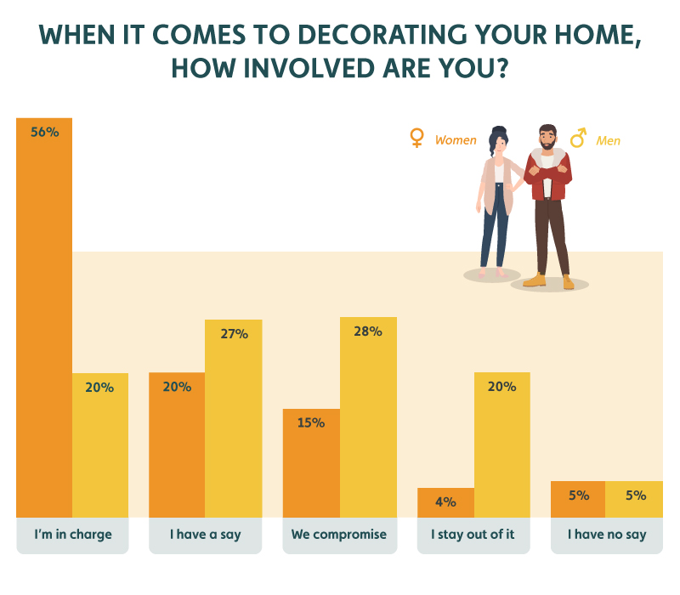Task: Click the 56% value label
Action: (x=45, y=132)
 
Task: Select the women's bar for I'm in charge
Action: (x=44, y=317)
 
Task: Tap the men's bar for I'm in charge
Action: (x=100, y=445)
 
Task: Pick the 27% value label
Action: (x=235, y=333)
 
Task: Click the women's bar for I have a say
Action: (x=177, y=445)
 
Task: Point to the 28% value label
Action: (x=368, y=331)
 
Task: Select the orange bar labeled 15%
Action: (x=311, y=462)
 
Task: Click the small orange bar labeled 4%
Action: (x=445, y=502)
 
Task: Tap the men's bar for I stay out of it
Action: (x=502, y=445)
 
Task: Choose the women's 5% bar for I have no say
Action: (x=578, y=499)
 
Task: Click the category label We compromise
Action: (x=338, y=535)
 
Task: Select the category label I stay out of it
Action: (x=473, y=535)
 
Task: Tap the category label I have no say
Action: (x=607, y=535)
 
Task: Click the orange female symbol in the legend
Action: (x=416, y=138)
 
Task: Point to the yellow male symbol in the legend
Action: (x=578, y=138)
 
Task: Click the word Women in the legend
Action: (x=456, y=140)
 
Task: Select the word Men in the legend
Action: (x=608, y=140)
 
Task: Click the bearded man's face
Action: (x=547, y=139)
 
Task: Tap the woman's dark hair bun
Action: (x=499, y=130)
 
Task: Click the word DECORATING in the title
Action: (x=382, y=35)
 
